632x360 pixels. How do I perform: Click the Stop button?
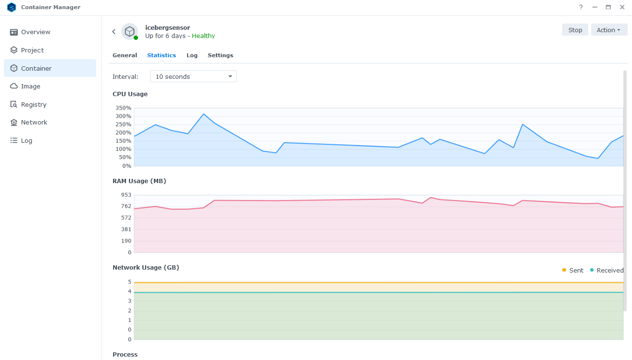pos(575,30)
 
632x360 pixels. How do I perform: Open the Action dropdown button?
pos(608,30)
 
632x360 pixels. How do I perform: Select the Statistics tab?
pos(162,55)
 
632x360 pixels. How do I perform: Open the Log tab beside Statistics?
pos(192,55)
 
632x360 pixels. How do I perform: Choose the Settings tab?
pos(220,55)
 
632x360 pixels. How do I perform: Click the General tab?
pos(125,55)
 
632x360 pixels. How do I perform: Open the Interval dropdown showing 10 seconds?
pos(193,76)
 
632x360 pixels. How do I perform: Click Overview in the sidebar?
pos(36,32)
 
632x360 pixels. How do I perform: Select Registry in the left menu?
pos(34,104)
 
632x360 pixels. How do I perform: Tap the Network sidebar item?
pos(34,123)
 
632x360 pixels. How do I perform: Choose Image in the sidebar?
pos(31,87)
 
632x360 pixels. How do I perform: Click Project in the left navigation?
pos(32,50)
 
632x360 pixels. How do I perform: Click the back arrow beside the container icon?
pos(114,32)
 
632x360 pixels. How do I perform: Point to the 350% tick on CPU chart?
pos(123,108)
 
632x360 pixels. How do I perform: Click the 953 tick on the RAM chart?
pos(126,195)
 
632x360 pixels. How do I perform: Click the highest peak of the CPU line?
pos(203,114)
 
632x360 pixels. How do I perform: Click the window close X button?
pos(622,7)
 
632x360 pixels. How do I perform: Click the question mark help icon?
pos(581,7)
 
